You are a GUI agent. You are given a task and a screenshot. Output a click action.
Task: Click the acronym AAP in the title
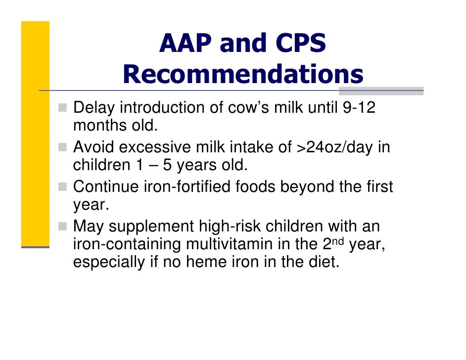tap(185, 44)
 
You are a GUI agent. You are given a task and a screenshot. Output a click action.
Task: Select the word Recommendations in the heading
tap(242, 75)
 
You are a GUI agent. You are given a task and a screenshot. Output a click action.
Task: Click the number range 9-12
tap(359, 107)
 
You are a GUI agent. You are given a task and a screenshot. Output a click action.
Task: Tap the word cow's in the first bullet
tap(232, 107)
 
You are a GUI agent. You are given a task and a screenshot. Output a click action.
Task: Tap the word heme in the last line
tap(206, 262)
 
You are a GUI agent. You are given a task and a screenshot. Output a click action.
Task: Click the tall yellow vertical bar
tap(35, 134)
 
